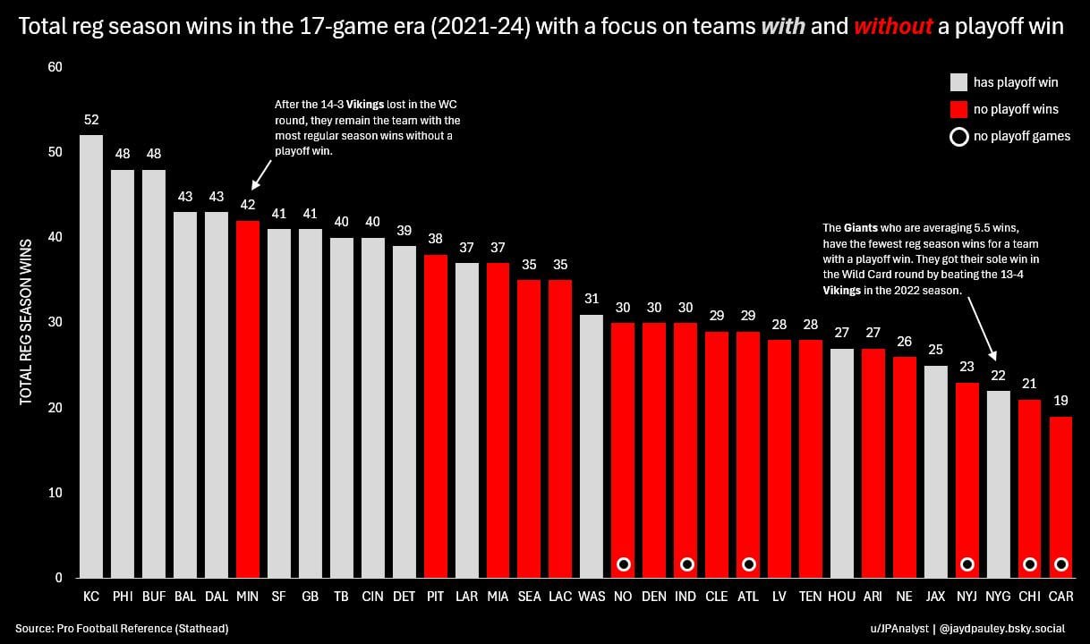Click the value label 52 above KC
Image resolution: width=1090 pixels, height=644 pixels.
tap(91, 120)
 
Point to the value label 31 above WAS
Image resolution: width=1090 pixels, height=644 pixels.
tap(592, 299)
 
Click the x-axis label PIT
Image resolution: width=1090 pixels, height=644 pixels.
tap(435, 595)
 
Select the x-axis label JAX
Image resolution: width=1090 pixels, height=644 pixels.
tap(935, 595)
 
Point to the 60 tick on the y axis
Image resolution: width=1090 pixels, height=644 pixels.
tap(55, 67)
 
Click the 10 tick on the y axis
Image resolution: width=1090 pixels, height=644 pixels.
tap(55, 493)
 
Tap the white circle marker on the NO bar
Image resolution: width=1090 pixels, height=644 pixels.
tap(624, 563)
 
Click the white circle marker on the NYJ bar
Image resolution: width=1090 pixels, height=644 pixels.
tap(967, 563)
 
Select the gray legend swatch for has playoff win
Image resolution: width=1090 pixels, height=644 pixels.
tap(958, 82)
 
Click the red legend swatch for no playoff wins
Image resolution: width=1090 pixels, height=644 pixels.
tap(958, 109)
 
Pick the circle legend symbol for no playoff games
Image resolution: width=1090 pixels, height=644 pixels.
tap(958, 137)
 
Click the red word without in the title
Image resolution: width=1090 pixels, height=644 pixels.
tap(892, 27)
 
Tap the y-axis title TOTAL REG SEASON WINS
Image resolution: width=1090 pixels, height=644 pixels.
tap(26, 322)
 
